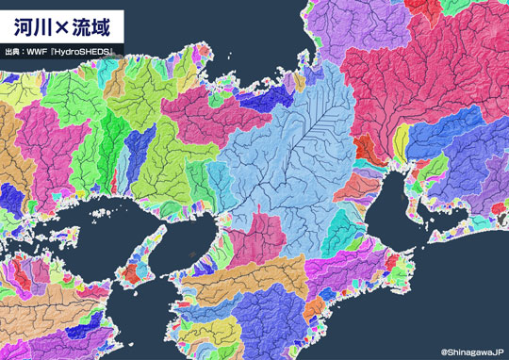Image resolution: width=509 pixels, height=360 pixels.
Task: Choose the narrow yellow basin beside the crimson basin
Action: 402,141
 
